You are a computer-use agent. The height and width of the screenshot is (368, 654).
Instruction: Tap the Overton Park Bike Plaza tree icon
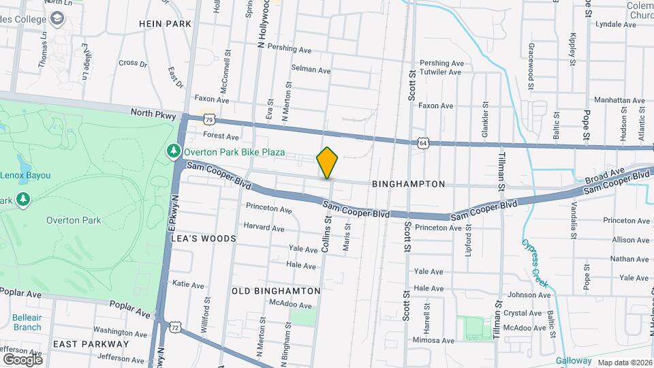click(174, 151)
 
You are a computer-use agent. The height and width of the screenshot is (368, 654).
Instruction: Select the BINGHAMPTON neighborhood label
click(409, 184)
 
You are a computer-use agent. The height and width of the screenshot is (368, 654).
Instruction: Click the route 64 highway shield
click(423, 142)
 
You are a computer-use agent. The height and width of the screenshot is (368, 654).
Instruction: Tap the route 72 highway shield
click(176, 328)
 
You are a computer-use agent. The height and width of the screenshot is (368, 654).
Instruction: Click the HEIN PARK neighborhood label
click(165, 23)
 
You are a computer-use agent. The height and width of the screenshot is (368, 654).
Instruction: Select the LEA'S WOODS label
click(204, 239)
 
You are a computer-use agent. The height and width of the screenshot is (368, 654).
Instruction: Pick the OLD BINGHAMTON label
click(276, 291)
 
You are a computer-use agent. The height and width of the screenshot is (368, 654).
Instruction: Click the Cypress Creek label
click(535, 263)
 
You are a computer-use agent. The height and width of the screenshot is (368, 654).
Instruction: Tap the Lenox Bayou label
click(25, 175)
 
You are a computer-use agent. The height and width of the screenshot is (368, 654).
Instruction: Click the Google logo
click(22, 359)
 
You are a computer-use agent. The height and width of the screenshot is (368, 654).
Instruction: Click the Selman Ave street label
click(311, 70)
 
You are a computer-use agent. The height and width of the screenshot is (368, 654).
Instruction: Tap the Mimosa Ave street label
click(433, 339)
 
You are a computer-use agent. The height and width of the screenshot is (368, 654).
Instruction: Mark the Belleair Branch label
click(27, 322)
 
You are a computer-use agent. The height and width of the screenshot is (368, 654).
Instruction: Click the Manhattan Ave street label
click(619, 99)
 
